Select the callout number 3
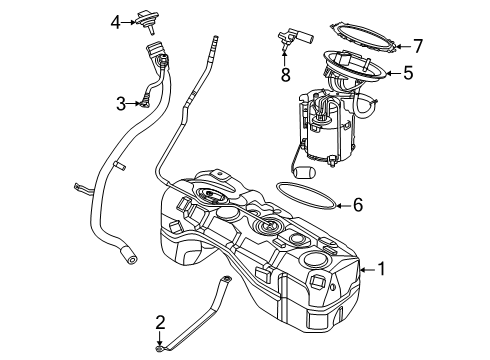120,102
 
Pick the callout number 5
408,72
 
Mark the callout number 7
418,45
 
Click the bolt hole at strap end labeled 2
160,348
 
